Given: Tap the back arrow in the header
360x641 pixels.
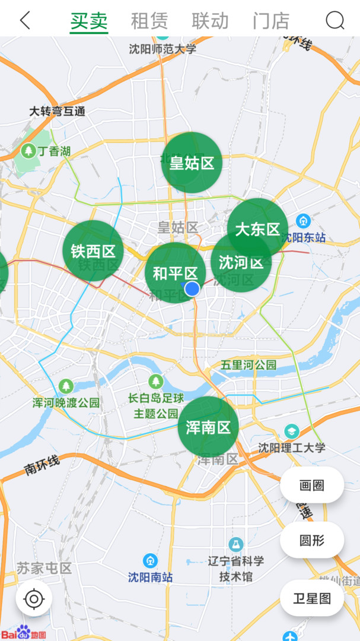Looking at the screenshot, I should tap(25, 21).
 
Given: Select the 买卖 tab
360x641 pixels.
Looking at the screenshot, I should tap(89, 21).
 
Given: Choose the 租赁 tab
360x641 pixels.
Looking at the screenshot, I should tap(149, 21).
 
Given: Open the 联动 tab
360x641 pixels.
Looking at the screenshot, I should tap(210, 21).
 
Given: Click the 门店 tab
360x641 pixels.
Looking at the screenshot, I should tap(271, 21).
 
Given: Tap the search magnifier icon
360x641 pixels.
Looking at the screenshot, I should tap(335, 21).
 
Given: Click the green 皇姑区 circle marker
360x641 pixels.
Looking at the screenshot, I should tap(192, 163).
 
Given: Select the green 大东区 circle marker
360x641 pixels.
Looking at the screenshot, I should tap(258, 229).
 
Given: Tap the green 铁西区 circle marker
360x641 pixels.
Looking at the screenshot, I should tap(93, 250).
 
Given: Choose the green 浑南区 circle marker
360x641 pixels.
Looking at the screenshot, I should tap(208, 427).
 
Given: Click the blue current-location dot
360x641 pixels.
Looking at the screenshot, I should tap(192, 289).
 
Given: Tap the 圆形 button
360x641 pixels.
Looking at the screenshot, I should tap(312, 540).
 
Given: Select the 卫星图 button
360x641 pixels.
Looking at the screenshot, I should tap(312, 598).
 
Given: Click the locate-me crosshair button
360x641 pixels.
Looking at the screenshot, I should tap(34, 599).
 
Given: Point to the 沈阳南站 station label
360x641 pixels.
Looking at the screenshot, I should tap(151, 576).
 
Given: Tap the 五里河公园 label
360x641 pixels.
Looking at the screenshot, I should tap(249, 364).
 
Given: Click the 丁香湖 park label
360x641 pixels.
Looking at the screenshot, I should tap(54, 151).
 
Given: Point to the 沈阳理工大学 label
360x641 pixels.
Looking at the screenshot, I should tap(292, 447).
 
